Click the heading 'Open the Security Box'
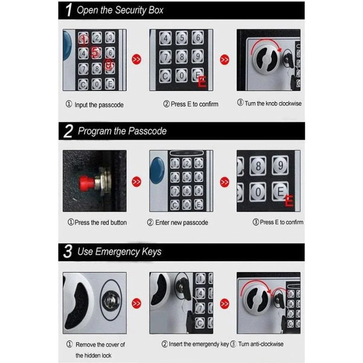point(120,10)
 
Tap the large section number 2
point(69,131)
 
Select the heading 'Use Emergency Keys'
point(119,252)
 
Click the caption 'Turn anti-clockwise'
point(260,344)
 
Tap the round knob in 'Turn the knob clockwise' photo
point(262,57)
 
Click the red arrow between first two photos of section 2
point(137,181)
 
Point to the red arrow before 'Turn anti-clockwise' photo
point(224,302)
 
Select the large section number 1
point(69,10)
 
